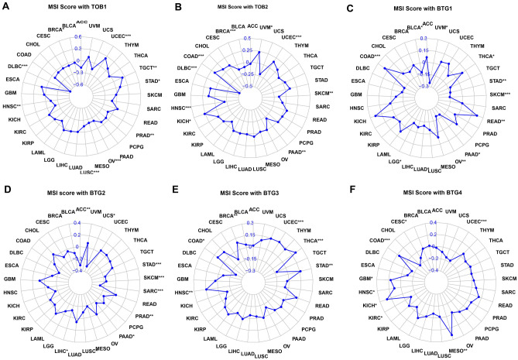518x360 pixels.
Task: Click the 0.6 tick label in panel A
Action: tap(78, 36)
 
